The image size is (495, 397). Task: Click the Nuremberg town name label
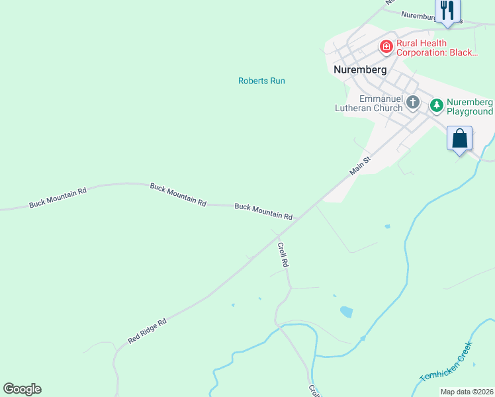(361, 69)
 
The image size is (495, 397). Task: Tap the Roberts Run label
(261, 81)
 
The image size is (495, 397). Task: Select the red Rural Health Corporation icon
(386, 46)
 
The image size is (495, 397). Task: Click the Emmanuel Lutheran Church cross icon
(413, 102)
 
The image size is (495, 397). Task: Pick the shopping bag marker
(460, 140)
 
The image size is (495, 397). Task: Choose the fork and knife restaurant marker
(447, 11)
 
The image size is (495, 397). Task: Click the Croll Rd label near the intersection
(283, 255)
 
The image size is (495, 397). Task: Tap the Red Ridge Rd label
(147, 330)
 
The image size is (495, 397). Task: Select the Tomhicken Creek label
(447, 362)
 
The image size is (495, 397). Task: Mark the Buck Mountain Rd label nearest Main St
(263, 212)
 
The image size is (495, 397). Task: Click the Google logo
(22, 389)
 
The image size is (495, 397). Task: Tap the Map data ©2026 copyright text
(467, 392)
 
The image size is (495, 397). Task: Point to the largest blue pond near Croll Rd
(346, 312)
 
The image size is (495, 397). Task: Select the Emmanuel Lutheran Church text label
(371, 103)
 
